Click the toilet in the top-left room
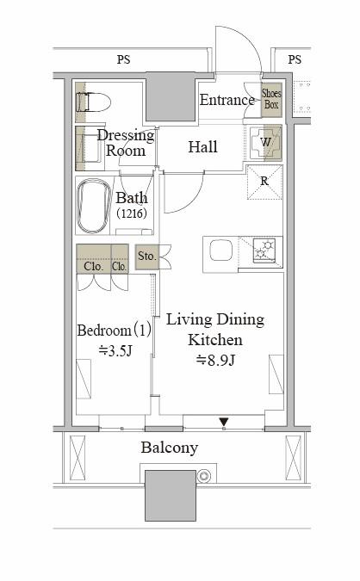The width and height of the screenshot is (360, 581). point(93,102)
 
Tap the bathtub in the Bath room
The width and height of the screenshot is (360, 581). point(94,206)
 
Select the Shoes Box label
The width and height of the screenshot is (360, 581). point(271,99)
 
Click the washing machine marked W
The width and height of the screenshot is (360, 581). point(266,143)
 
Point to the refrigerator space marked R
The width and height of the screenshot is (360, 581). point(264,182)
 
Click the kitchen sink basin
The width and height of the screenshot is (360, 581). point(221,250)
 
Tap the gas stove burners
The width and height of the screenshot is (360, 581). point(264,250)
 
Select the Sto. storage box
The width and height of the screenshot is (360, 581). point(146,257)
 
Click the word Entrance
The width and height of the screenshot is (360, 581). point(227,100)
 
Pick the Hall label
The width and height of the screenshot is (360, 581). point(202,147)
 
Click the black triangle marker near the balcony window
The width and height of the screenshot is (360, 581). point(224,422)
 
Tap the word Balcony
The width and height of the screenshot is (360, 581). point(170,448)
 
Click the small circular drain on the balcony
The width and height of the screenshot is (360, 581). point(204,476)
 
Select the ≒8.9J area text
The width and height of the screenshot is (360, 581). point(215,360)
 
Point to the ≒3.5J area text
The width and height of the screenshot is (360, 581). point(115,350)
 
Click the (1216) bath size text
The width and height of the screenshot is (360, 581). point(132,213)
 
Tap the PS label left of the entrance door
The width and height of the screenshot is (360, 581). point(124,59)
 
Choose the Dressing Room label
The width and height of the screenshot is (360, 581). point(126,143)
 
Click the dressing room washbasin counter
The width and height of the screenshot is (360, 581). point(89,148)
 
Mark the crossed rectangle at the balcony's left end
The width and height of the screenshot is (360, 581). point(78,458)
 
